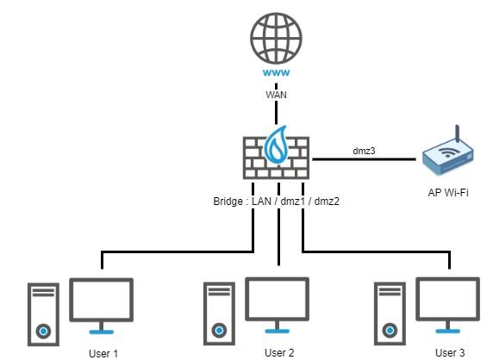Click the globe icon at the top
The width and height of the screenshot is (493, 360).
coord(276,38)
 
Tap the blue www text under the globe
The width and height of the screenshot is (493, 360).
coord(276,73)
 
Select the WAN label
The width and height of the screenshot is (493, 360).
coord(276,95)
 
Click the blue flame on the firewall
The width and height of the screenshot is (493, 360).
coord(277,145)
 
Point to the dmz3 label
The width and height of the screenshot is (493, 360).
coord(364,151)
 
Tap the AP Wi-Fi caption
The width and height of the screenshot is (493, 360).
coord(448,192)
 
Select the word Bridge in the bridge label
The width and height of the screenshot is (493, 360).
coord(228,202)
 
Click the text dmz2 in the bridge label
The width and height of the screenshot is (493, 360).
coord(327,202)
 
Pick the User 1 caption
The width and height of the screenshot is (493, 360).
coord(103,354)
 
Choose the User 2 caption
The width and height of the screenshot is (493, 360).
coord(279,353)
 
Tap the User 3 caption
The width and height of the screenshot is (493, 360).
coord(450,353)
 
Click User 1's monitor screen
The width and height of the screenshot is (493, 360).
coord(101,300)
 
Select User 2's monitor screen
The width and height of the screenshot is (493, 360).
coord(277,299)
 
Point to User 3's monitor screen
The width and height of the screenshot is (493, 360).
coord(447,299)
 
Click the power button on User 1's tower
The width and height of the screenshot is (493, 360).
coord(43,331)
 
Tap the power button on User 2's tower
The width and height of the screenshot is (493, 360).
coord(219,330)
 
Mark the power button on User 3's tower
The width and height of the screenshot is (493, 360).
coord(390,330)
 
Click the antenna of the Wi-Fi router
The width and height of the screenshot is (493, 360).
coord(458,134)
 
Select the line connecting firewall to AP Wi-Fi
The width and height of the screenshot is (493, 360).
coord(364,159)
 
